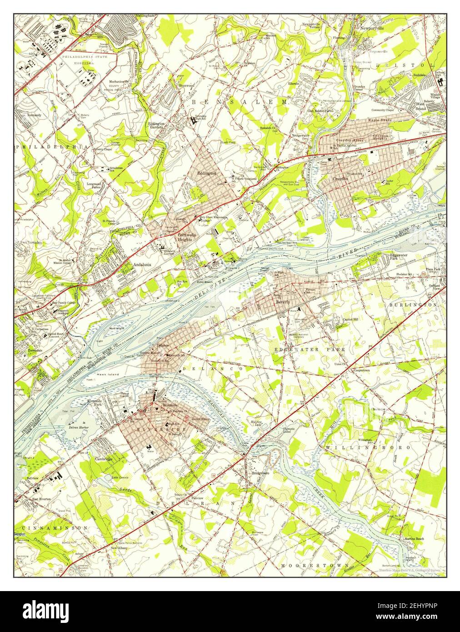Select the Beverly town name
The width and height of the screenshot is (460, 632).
[x=282, y=301]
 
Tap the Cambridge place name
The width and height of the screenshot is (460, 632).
[x=103, y=459]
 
